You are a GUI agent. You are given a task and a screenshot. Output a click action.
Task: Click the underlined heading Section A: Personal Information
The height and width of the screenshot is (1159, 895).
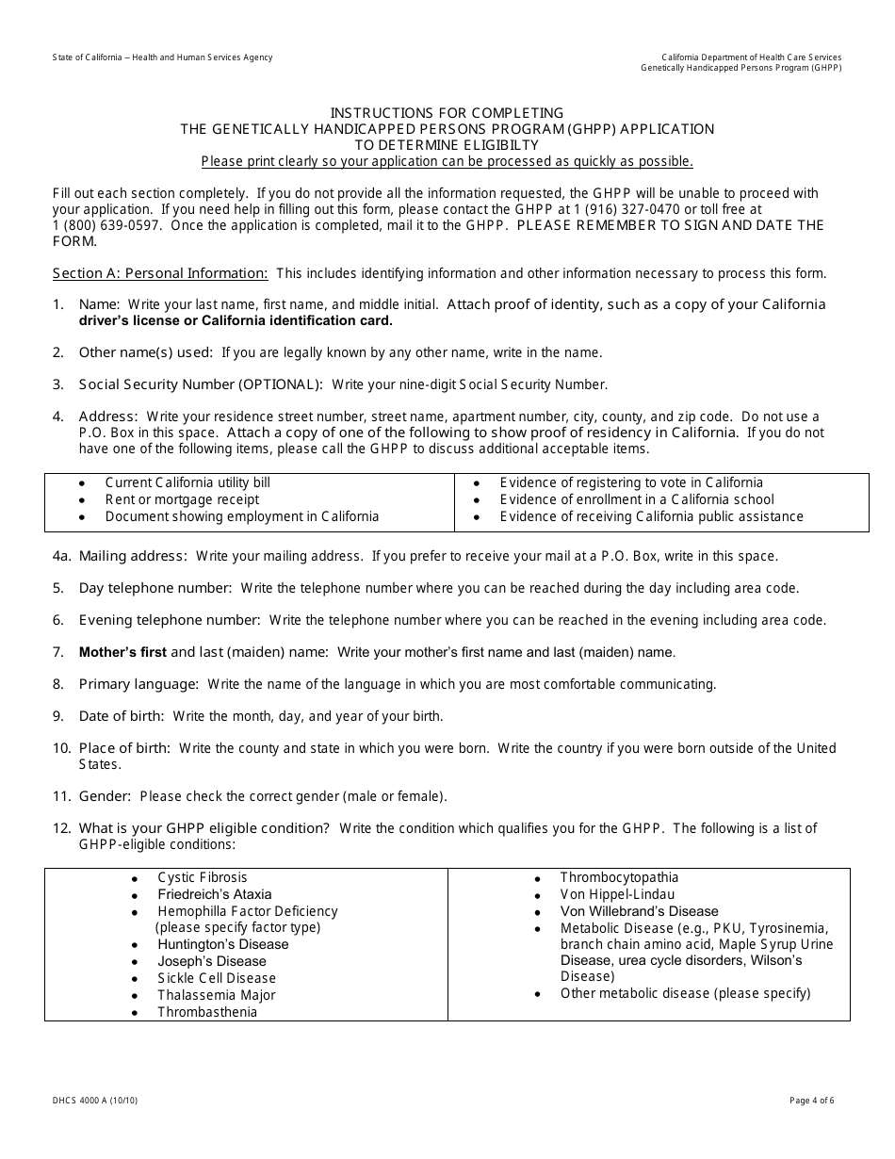pyautogui.click(x=160, y=273)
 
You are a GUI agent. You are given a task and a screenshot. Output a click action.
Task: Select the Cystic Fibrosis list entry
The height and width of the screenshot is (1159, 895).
pyautogui.click(x=203, y=877)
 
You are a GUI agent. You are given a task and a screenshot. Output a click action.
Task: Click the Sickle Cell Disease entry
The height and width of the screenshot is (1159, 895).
pyautogui.click(x=217, y=978)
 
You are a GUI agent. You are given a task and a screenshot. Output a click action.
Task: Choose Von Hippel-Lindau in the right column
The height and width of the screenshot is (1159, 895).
pyautogui.click(x=617, y=894)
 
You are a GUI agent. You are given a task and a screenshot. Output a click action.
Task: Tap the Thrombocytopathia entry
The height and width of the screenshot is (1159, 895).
pyautogui.click(x=619, y=877)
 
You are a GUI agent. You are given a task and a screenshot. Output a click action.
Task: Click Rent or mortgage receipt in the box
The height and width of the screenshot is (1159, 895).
pyautogui.click(x=182, y=499)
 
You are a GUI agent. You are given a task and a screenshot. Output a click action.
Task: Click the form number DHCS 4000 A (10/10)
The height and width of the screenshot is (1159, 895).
pyautogui.click(x=96, y=1100)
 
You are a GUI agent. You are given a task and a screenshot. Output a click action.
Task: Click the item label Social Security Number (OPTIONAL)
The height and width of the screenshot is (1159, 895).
pyautogui.click(x=201, y=384)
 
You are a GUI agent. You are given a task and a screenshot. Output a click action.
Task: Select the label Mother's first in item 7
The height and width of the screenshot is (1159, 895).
pyautogui.click(x=122, y=652)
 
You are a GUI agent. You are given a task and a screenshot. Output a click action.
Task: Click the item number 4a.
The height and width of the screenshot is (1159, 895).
pyautogui.click(x=61, y=556)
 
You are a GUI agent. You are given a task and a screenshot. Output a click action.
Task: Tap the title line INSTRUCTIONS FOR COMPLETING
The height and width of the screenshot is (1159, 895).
pyautogui.click(x=447, y=113)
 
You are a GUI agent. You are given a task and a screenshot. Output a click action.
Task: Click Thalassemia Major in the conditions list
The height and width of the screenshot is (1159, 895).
pyautogui.click(x=217, y=995)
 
